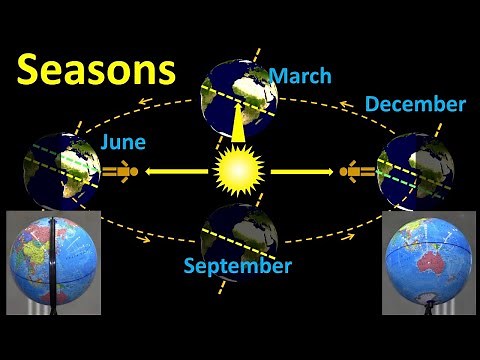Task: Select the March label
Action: coord(299,76)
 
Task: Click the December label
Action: coord(415,104)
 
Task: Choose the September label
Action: coord(238,266)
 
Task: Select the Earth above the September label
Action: coord(237,235)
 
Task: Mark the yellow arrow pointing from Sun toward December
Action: coord(301,172)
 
